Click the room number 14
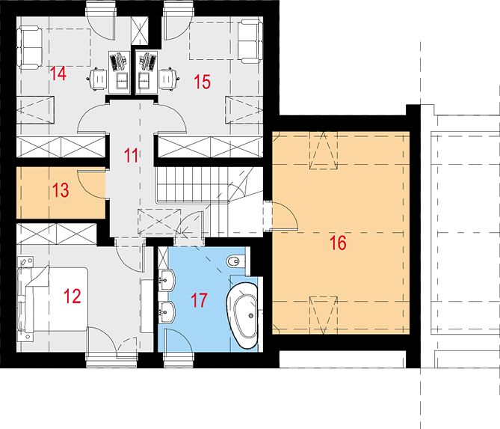[58, 73]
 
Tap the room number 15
[203, 82]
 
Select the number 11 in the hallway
[131, 155]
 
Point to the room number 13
[61, 190]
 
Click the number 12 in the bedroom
[72, 296]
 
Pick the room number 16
[338, 243]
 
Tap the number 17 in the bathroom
[199, 300]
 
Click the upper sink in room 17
[167, 280]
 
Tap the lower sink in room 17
[167, 312]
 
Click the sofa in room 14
[31, 48]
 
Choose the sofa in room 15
[250, 41]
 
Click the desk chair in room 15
[168, 79]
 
